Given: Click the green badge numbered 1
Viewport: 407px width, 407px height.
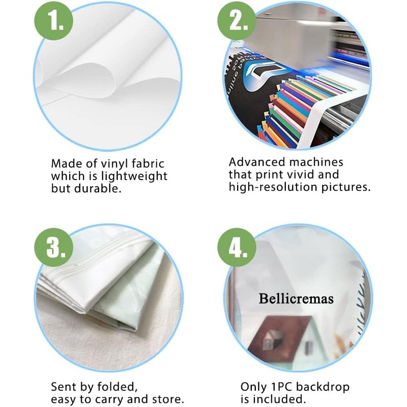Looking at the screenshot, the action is coord(54,21).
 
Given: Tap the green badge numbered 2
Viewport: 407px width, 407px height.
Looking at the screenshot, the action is coord(237,21).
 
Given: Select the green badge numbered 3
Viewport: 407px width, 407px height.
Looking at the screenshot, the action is coord(54,247).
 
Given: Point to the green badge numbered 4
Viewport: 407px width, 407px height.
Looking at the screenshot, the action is coord(237,247).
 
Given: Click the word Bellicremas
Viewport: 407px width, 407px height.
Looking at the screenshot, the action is coord(296,299).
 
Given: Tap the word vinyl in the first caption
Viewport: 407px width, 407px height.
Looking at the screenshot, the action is coord(114,164).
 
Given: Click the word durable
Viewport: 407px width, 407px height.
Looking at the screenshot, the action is coord(98,188).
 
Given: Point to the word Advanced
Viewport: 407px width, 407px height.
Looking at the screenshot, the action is coord(257,162).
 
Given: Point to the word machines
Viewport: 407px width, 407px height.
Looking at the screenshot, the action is coord(316,162).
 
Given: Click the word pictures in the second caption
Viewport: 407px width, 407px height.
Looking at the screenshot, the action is coord(346,187).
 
